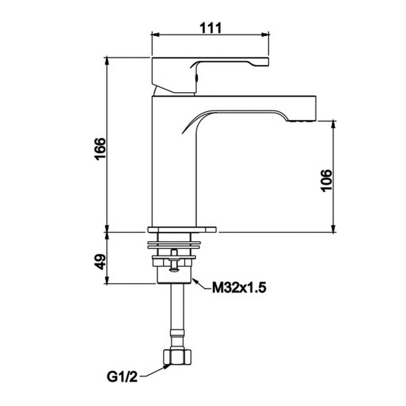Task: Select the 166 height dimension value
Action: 100,148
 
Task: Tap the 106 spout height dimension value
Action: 327,180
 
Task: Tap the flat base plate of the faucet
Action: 182,229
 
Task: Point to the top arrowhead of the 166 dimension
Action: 107,60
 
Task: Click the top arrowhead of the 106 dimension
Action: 334,123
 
